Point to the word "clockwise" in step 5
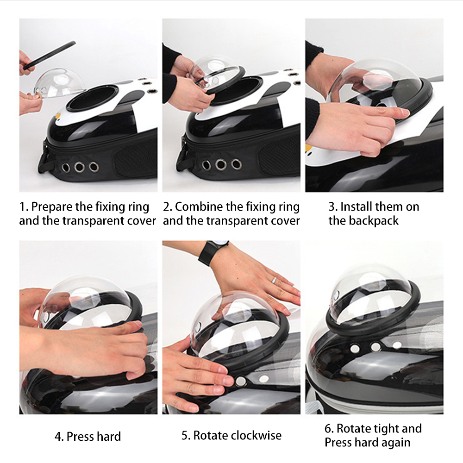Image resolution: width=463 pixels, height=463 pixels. (256, 436)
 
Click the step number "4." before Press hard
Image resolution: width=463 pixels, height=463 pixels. (59, 437)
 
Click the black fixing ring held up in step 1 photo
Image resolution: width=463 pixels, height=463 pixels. (50, 55)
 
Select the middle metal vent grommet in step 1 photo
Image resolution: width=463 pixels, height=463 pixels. (79, 167)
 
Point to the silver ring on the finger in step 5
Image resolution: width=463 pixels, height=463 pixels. (274, 280)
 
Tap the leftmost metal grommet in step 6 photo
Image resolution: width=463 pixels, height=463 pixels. (355, 349)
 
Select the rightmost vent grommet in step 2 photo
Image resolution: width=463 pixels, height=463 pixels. (236, 164)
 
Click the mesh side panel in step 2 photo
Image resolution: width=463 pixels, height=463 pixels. (280, 155)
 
